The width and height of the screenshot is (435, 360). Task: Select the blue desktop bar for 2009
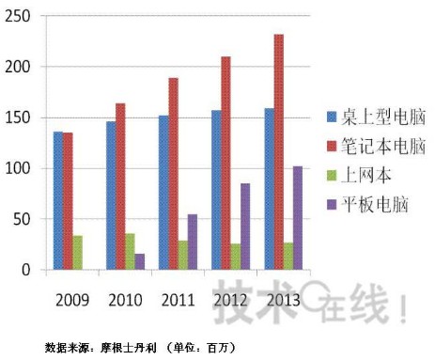[58, 200]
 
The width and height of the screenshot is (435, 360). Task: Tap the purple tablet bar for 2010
[140, 261]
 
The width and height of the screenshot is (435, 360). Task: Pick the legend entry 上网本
[361, 175]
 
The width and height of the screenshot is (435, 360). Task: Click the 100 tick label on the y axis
[19, 169]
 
